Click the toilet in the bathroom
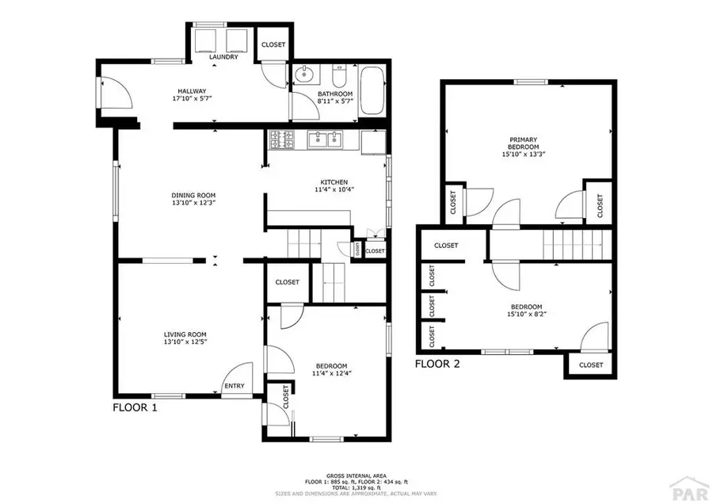click(339, 78)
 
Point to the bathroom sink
click(304, 76)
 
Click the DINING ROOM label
click(194, 195)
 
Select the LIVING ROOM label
click(185, 334)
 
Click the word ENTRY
click(234, 387)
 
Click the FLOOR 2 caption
click(437, 365)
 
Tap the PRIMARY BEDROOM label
click(524, 143)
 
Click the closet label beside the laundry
click(273, 45)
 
